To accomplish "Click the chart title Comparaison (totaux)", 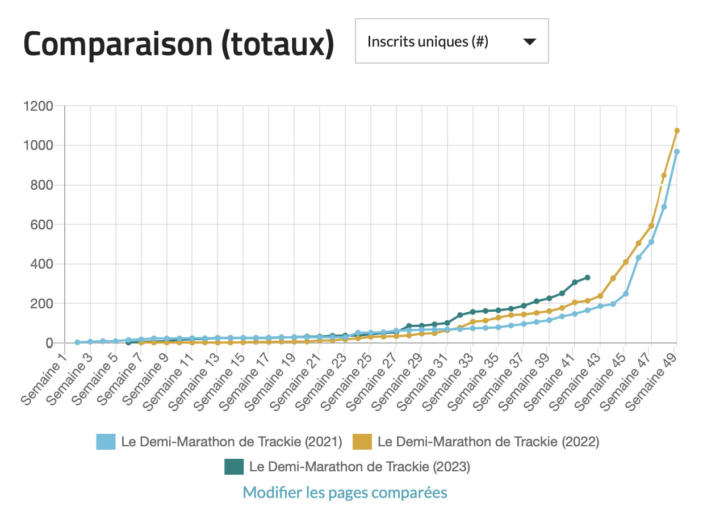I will click(x=178, y=44).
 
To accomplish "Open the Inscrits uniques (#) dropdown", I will click(x=451, y=41).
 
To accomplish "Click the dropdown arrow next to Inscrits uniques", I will click(x=529, y=41).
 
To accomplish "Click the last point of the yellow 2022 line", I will click(x=677, y=131).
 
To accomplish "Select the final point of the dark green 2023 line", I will click(x=588, y=278).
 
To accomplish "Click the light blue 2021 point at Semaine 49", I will click(x=677, y=152).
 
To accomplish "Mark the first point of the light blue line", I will click(x=77, y=342).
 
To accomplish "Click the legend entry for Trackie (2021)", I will click(x=231, y=442).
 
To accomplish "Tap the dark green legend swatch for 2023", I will click(x=234, y=467).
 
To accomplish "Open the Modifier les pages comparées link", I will click(x=345, y=492).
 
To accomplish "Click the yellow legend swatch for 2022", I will click(x=362, y=442).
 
